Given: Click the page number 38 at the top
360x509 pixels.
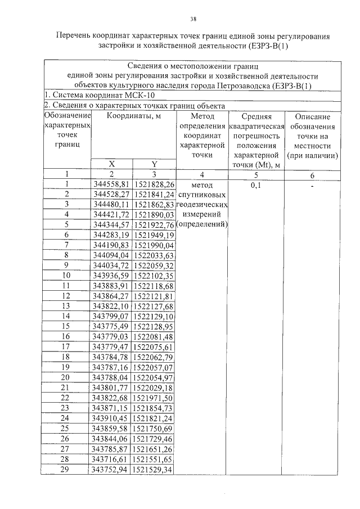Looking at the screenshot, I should (193, 19).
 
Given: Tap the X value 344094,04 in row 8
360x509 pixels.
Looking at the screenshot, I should (111, 255).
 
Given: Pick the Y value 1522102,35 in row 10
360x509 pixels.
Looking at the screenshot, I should (154, 276).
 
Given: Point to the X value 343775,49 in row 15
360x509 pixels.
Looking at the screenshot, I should (111, 326).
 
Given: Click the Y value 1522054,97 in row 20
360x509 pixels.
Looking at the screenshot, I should (154, 377).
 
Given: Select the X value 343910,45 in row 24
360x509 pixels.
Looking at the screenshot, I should (111, 418).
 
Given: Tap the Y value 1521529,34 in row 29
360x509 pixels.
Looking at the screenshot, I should (154, 470).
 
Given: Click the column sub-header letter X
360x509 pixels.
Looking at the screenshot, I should (111, 164).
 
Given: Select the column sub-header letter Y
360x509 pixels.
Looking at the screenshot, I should (154, 164).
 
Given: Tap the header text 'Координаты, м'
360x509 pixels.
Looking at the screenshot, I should (133, 116).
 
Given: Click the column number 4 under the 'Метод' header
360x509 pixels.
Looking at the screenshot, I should (202, 174).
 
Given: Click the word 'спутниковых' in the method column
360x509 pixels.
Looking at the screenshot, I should (202, 194).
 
